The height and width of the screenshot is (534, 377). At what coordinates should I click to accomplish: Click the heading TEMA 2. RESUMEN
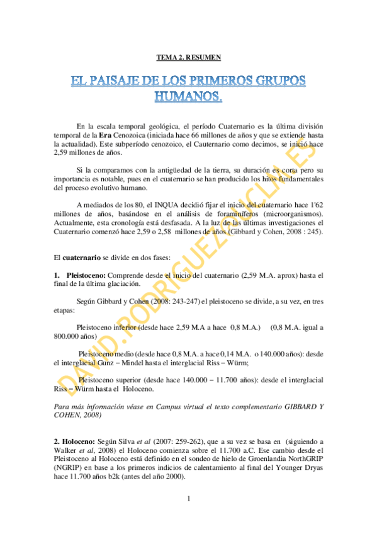(188, 58)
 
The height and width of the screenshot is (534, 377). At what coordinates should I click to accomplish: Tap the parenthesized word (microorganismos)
(288, 213)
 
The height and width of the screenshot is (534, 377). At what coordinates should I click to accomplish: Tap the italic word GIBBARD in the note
(286, 406)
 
